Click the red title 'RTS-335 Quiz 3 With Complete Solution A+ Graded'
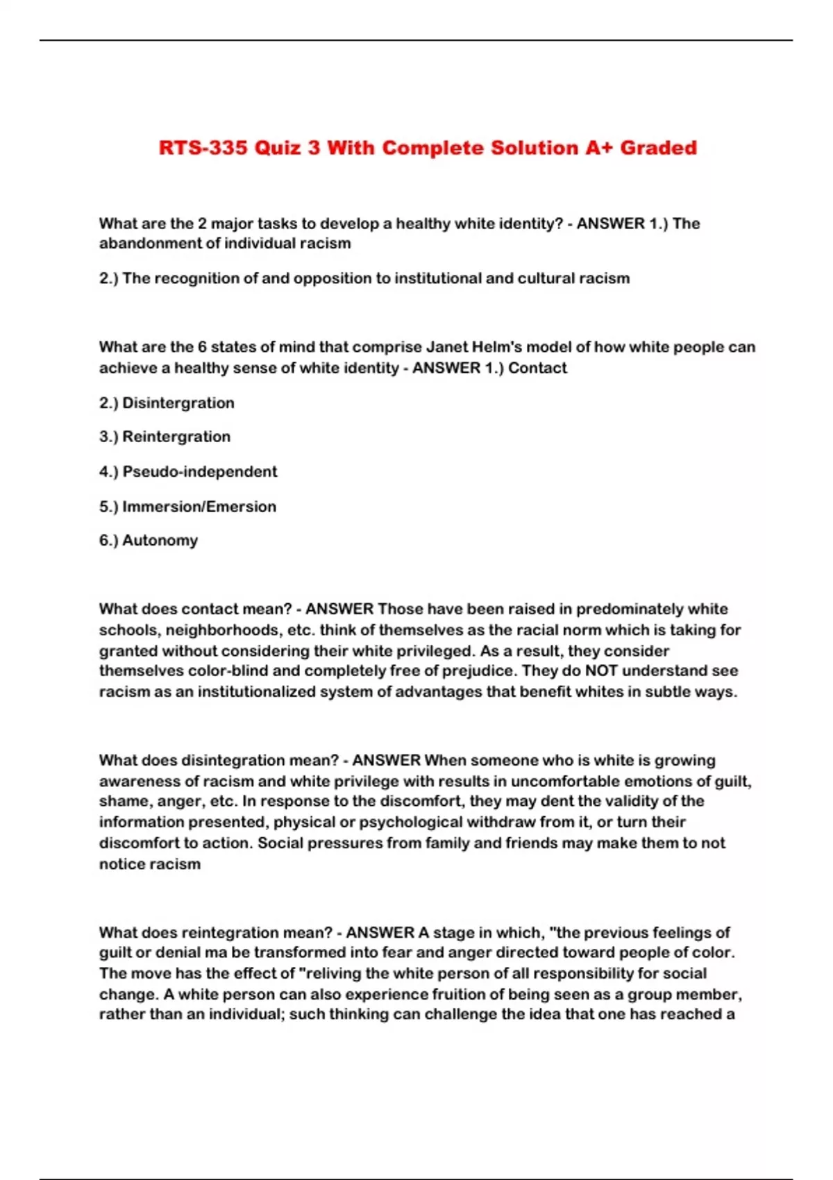(428, 148)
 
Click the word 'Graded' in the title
(658, 148)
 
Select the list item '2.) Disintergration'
(167, 403)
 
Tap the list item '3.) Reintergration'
(165, 437)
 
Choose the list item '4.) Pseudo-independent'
(187, 471)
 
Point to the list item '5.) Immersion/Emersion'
(187, 506)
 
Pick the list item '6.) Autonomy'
(148, 540)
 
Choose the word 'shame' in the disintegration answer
(121, 801)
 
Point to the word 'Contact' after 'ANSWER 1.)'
(537, 368)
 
